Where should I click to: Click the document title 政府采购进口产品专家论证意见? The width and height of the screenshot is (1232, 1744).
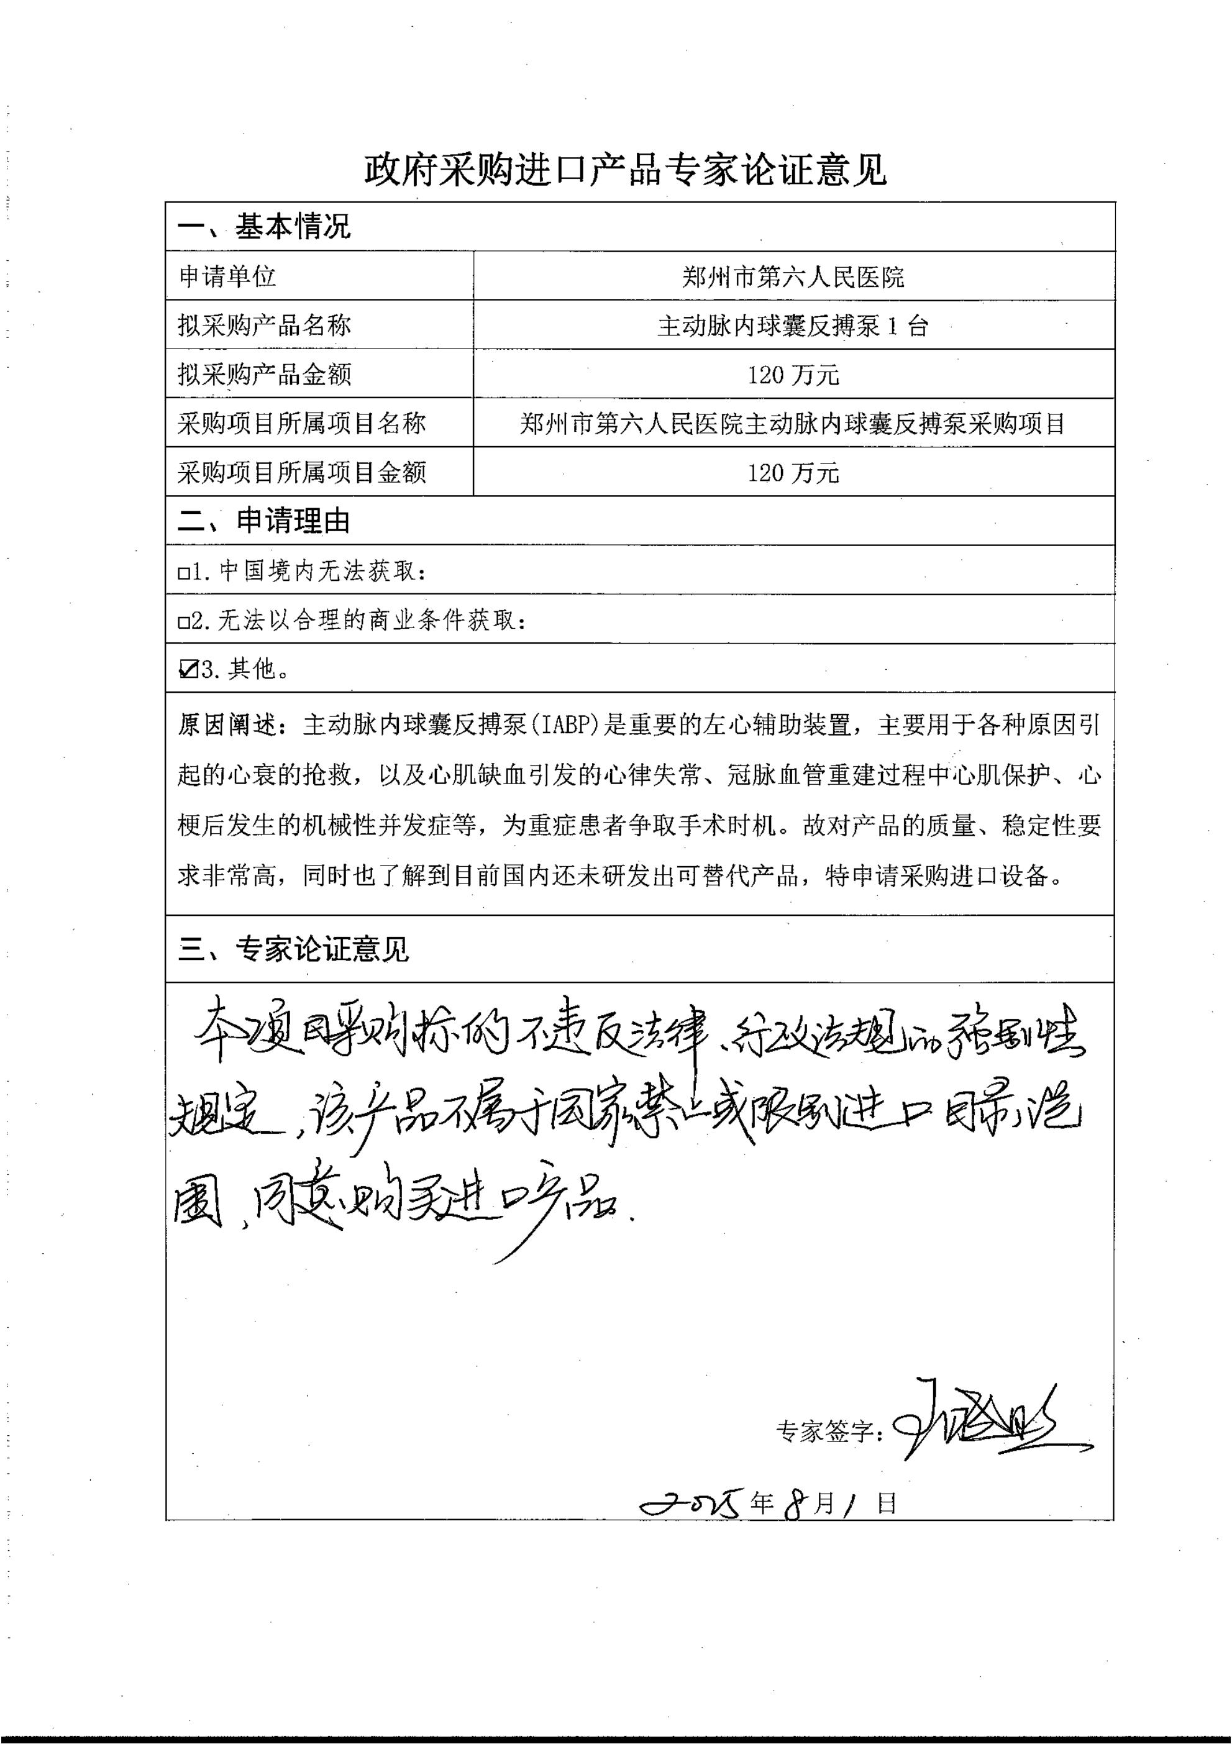click(x=624, y=170)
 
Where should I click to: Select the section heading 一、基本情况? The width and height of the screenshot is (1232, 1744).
click(x=264, y=226)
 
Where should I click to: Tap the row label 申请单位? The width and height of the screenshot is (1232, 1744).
click(x=227, y=276)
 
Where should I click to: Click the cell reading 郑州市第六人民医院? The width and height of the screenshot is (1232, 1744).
click(x=793, y=276)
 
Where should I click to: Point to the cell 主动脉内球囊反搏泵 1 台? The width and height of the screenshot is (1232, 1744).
click(x=793, y=326)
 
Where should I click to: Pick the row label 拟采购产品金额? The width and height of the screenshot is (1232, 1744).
click(x=264, y=374)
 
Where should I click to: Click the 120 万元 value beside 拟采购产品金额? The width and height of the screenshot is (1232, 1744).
click(x=793, y=375)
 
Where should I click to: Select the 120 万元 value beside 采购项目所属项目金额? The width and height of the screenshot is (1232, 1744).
click(x=793, y=472)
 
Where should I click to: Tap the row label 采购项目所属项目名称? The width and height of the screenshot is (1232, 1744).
click(x=301, y=423)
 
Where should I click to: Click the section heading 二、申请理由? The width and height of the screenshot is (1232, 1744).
click(x=264, y=521)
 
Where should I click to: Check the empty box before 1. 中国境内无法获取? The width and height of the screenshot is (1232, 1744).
click(x=183, y=573)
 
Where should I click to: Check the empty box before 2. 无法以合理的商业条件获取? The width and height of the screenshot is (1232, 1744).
click(x=183, y=623)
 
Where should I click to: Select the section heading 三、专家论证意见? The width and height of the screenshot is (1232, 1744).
click(x=293, y=949)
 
